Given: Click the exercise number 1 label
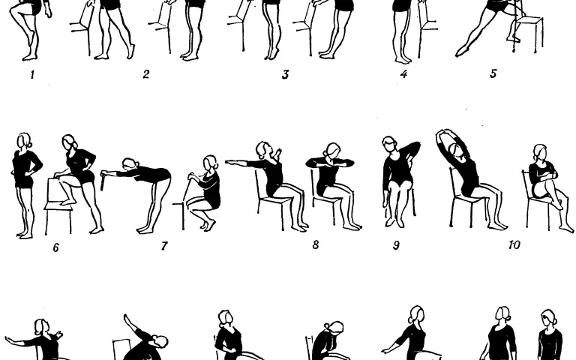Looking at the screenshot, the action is (x=32, y=75).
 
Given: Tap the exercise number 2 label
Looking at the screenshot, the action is (x=145, y=74).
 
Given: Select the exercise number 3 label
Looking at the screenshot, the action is (x=286, y=74).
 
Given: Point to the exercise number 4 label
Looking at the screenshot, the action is (x=403, y=74).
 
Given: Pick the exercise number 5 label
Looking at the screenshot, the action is (x=493, y=73).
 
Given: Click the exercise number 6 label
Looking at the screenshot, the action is (x=55, y=247).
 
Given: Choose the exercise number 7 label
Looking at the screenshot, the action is (x=164, y=246).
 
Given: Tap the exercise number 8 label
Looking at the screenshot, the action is (x=316, y=244).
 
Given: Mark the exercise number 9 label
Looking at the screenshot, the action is (x=396, y=245).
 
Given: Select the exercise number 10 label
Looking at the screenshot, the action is (x=514, y=244).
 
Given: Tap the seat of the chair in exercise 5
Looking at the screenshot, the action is (x=528, y=18).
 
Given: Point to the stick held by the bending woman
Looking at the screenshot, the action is (x=103, y=181).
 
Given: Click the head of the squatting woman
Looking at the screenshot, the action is (x=211, y=163).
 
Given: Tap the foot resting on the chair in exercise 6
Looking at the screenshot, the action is (x=68, y=202).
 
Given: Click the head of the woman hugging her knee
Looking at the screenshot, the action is (x=540, y=152).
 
